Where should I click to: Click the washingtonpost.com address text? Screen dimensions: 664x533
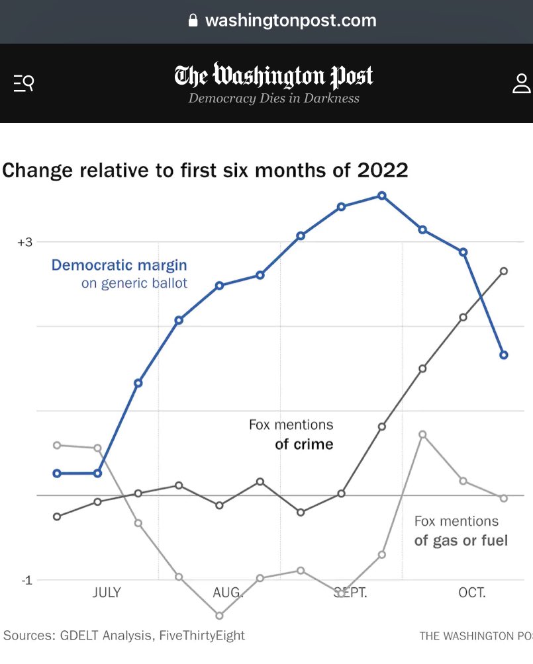(x=291, y=21)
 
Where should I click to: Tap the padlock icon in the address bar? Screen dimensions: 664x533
(x=193, y=21)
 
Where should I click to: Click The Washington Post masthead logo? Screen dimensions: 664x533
(x=273, y=76)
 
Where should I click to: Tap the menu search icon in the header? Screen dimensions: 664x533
(x=23, y=83)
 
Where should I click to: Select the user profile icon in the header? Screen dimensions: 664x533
(x=522, y=83)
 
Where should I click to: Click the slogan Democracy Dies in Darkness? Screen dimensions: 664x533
(x=273, y=99)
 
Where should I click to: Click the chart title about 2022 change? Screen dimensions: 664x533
(x=205, y=170)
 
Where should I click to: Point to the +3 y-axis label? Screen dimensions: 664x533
(x=24, y=242)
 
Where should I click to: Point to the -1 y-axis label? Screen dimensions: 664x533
(x=26, y=580)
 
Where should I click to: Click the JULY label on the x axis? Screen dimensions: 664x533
(x=106, y=593)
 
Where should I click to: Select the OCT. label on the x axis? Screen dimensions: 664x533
(x=471, y=593)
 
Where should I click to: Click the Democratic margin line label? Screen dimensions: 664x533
(x=119, y=265)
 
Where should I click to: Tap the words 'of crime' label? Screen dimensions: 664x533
(x=304, y=444)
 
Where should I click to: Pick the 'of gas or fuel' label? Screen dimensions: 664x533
(x=461, y=540)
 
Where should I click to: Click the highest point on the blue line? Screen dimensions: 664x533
(x=382, y=196)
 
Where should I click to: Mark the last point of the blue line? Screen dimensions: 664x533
(x=504, y=355)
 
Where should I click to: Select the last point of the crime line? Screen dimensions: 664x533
(x=504, y=271)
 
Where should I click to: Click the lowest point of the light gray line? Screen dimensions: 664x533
(x=219, y=615)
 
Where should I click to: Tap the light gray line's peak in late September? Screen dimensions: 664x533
(x=422, y=434)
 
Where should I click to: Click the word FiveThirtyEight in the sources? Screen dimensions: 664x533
(x=201, y=636)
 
